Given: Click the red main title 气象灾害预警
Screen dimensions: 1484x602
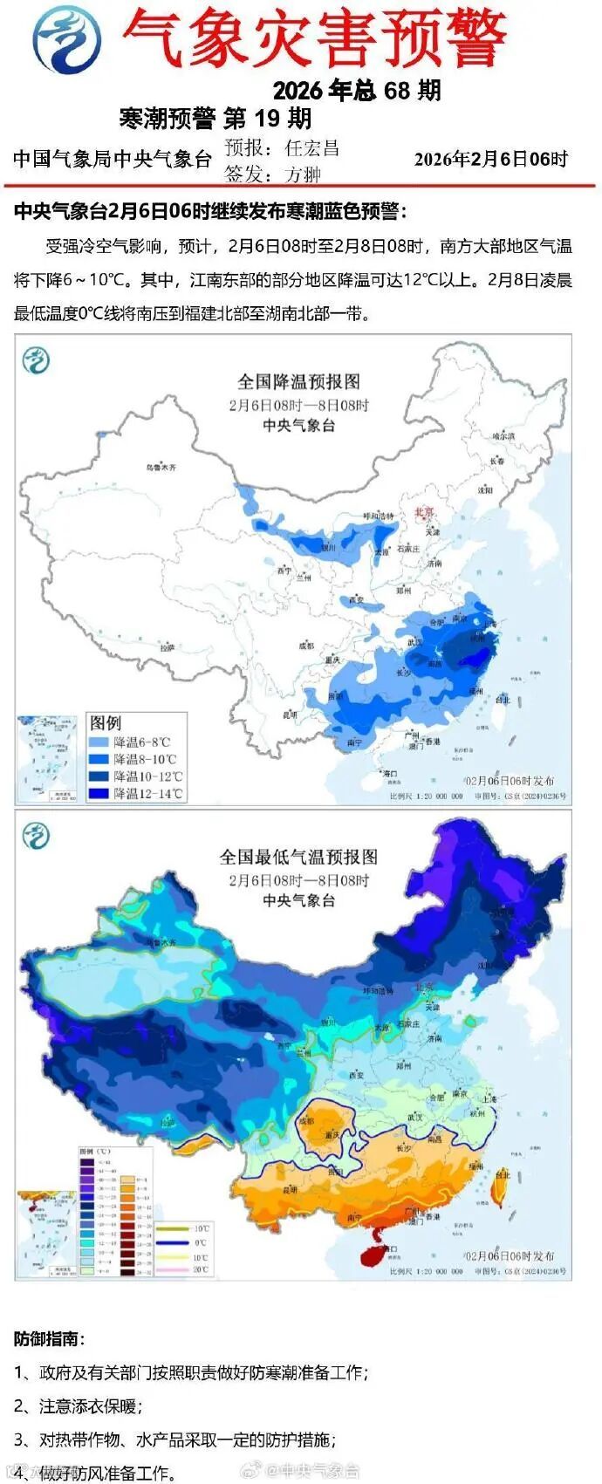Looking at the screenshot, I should [x=314, y=40].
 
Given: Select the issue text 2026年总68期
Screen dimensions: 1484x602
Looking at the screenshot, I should [x=356, y=91].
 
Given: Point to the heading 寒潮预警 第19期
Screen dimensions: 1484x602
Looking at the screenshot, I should [x=215, y=119].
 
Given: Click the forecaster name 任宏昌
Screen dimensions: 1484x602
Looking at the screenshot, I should [x=311, y=148].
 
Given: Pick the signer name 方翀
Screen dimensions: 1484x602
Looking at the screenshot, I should [x=303, y=174].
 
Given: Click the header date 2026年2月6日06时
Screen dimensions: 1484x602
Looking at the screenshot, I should [x=490, y=159].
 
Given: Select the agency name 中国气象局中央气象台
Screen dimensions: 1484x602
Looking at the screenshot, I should [x=113, y=159].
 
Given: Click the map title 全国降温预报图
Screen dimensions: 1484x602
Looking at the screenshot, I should [x=298, y=381].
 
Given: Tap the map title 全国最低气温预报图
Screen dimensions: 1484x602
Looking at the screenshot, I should [x=298, y=857].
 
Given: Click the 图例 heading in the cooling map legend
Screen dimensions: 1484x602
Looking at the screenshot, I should [x=106, y=722].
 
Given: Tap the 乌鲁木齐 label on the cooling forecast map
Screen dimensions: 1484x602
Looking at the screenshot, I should [x=161, y=468].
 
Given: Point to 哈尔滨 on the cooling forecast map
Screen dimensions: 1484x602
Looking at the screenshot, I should [x=503, y=434].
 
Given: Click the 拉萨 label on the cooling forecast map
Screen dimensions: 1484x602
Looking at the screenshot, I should [x=168, y=648].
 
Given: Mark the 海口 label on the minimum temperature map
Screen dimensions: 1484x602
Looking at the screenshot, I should [x=390, y=1249].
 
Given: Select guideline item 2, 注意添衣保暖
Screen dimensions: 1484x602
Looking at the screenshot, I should [x=78, y=1405].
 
